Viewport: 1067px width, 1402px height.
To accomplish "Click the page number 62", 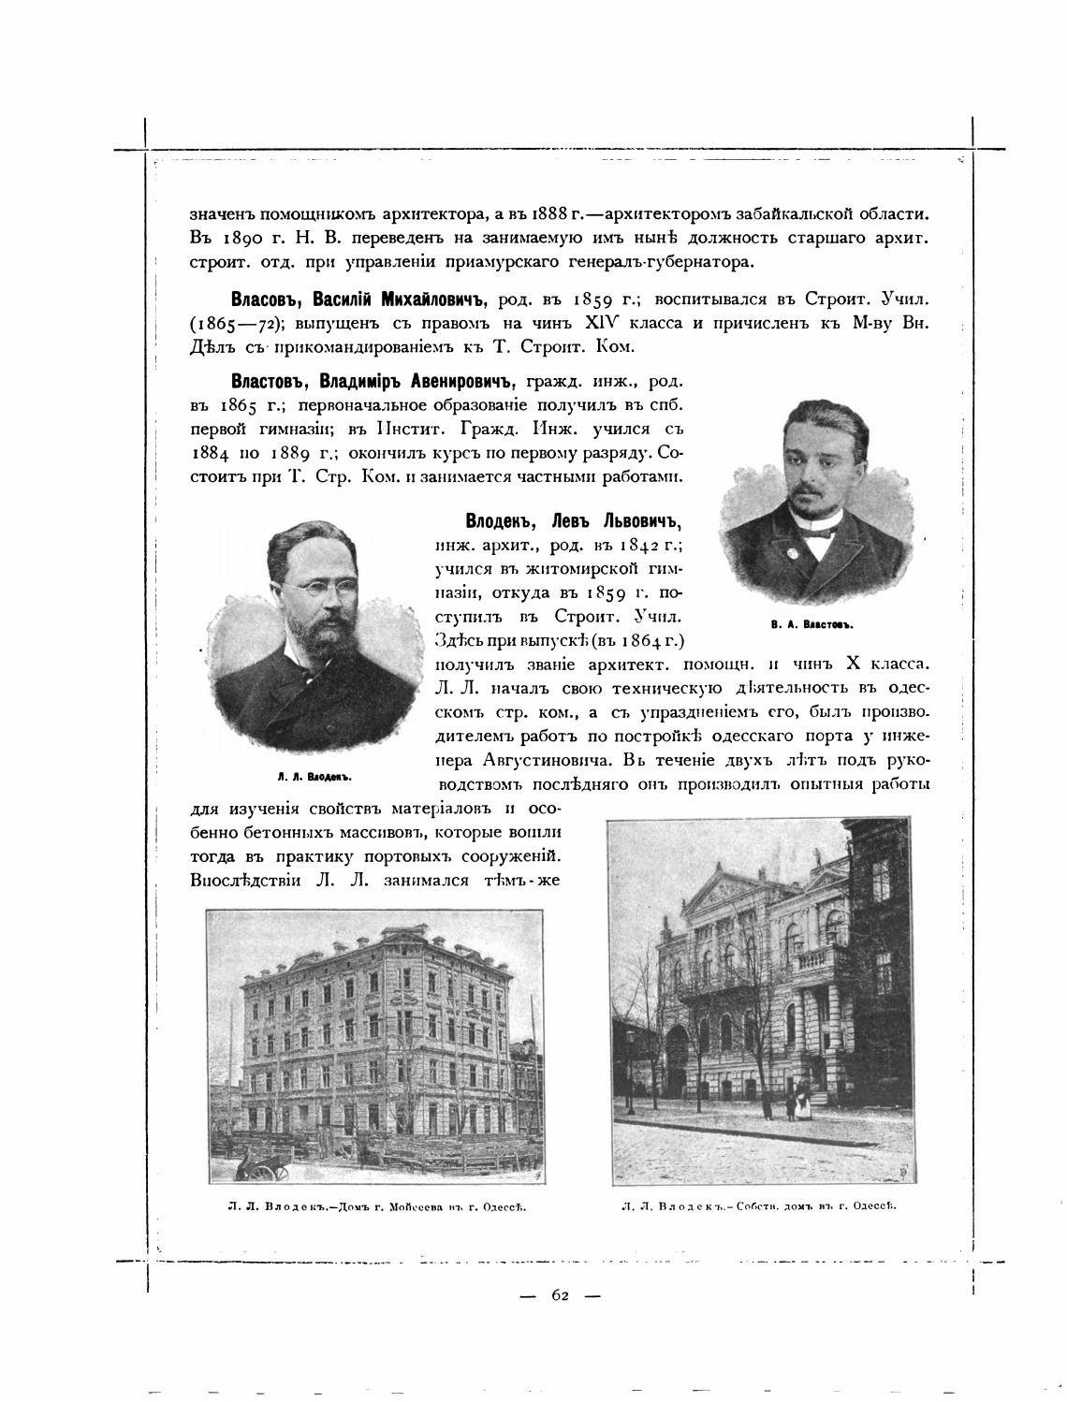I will [560, 1295].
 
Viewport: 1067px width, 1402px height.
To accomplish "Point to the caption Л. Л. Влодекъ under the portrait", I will [314, 776].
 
